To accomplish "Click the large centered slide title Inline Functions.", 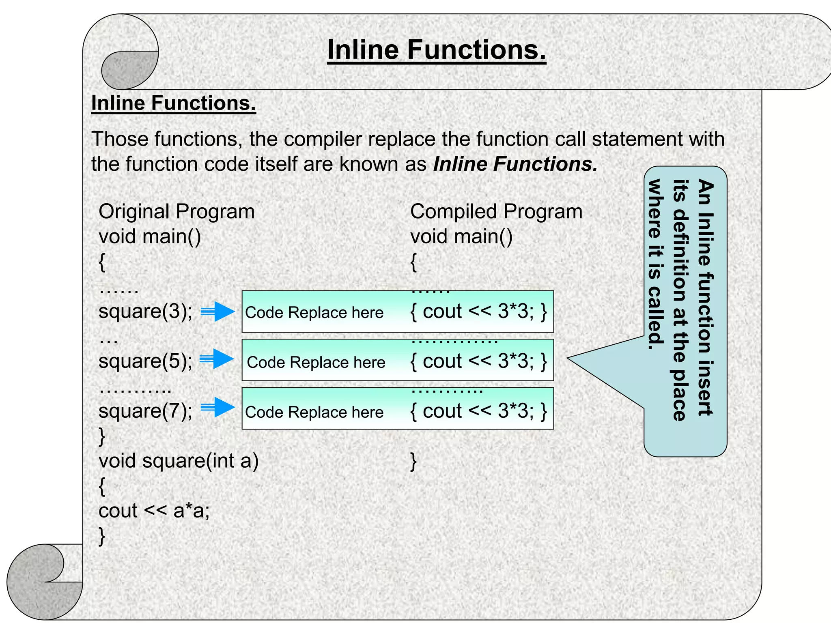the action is point(437,50).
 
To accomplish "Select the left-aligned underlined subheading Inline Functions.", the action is point(174,103).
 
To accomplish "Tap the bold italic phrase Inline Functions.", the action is point(515,164).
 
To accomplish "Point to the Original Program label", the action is point(177,212).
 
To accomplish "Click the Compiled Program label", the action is point(496,212).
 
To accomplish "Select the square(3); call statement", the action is point(146,311).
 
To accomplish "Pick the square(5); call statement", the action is point(146,361).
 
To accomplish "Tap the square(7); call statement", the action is point(146,411).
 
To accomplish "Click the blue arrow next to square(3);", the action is point(219,311).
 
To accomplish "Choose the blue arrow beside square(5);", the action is point(218,359).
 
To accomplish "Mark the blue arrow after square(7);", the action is point(219,407).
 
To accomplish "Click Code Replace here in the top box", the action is point(314,313).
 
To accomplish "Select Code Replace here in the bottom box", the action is point(314,412).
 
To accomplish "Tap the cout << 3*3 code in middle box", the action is point(479,361).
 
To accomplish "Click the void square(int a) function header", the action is point(179,461).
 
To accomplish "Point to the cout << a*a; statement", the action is point(154,511).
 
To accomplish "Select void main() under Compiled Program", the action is point(461,236).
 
